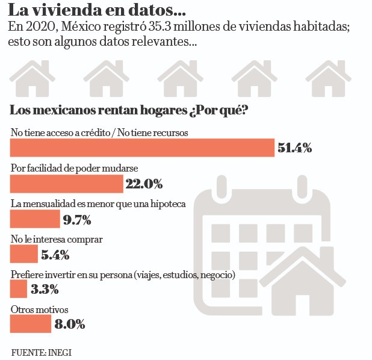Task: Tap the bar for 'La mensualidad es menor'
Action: (36, 219)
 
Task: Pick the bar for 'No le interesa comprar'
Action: (25, 253)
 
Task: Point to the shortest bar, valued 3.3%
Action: (19, 289)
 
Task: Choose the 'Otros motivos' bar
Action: (31, 324)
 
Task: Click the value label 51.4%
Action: (294, 148)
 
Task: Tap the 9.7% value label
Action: (77, 219)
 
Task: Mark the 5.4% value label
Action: (55, 254)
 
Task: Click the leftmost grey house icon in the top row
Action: (32, 79)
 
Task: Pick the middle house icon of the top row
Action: (180, 79)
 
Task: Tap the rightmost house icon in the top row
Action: (328, 79)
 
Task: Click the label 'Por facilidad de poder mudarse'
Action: (70, 168)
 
